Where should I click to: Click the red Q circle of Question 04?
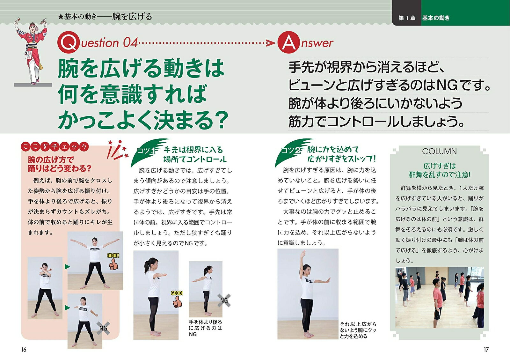[69, 42]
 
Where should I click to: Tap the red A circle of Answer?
[288, 42]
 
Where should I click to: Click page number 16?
[24, 349]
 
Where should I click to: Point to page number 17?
[486, 349]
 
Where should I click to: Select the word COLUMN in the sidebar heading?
[439, 151]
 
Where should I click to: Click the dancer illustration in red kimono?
[32, 51]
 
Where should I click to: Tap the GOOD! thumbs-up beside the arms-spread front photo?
[113, 262]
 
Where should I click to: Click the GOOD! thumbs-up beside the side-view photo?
[177, 299]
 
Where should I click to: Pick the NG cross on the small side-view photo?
[224, 301]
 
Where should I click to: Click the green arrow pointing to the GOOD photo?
[67, 266]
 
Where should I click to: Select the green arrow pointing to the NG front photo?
[67, 308]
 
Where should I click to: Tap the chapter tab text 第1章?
[407, 18]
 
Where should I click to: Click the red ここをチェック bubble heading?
[55, 147]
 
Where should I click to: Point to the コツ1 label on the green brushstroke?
[146, 151]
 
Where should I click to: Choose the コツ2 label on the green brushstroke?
[291, 150]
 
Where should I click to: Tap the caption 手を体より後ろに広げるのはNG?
[205, 328]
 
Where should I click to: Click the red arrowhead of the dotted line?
[271, 43]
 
